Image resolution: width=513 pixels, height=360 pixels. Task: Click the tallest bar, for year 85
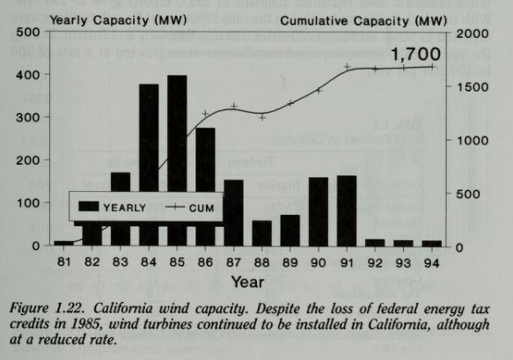coord(177,160)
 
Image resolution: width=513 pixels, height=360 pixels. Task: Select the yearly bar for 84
coord(149,165)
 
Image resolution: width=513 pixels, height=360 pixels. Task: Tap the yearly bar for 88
coord(262,233)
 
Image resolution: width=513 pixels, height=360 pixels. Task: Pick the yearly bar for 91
coord(347,210)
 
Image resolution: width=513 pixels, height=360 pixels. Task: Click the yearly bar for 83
coord(121,209)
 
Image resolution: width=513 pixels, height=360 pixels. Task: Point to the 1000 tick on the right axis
coord(469,140)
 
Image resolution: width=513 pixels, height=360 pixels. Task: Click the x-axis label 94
coord(431,261)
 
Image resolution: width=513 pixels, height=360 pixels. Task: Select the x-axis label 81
coord(64,261)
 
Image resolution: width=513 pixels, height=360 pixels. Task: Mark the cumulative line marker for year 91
coord(347,67)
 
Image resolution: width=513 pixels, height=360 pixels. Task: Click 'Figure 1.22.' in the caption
coord(60,309)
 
